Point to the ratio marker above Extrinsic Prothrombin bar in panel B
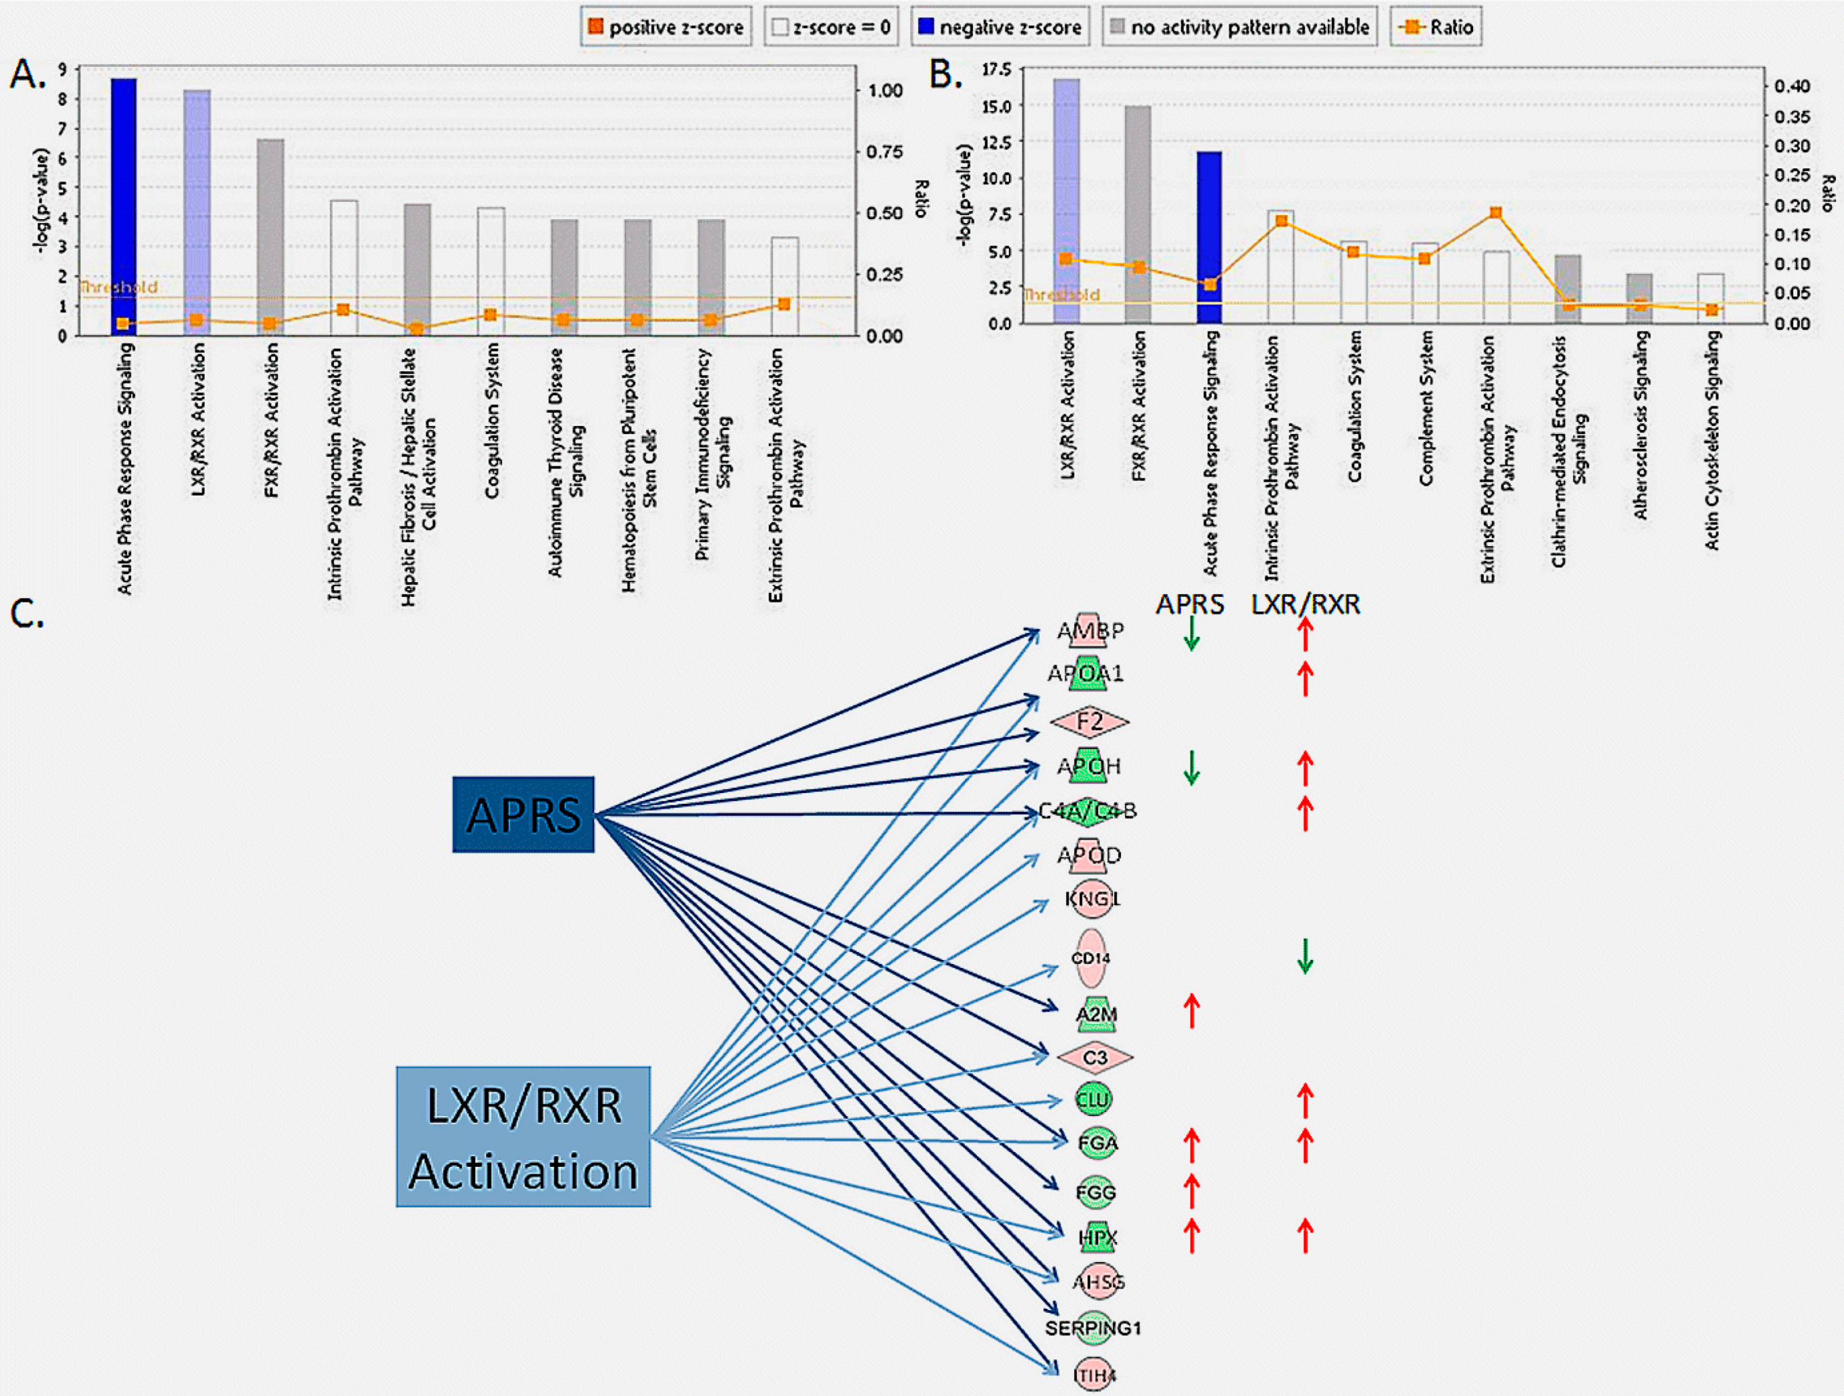(1495, 213)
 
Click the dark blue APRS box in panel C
(524, 814)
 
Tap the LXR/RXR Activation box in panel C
(524, 1136)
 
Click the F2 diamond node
(1089, 721)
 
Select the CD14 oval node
(1091, 958)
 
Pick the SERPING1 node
(1093, 1328)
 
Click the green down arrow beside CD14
(1305, 957)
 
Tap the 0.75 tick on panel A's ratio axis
(884, 152)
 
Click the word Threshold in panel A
(118, 287)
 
